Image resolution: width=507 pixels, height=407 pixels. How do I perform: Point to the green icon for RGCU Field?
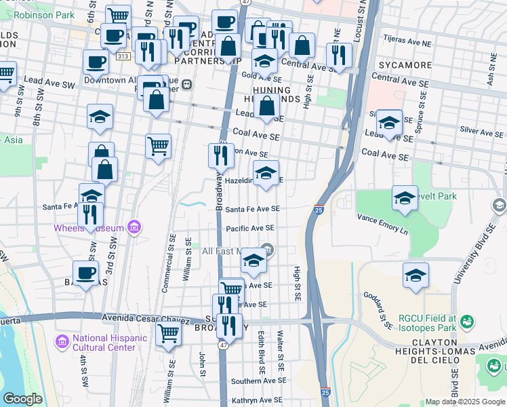tap(466, 321)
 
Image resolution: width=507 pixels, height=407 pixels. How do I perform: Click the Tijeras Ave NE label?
tap(407, 42)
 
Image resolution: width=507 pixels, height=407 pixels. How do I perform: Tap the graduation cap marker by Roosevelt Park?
tap(405, 198)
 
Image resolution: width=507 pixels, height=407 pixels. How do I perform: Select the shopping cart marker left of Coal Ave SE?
tap(158, 146)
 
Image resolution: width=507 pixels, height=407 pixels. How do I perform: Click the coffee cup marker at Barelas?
tap(86, 273)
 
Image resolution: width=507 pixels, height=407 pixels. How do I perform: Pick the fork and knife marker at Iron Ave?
tap(220, 155)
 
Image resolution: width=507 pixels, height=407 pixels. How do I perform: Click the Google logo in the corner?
tap(23, 399)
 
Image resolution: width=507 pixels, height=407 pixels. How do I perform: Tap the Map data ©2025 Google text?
tap(464, 402)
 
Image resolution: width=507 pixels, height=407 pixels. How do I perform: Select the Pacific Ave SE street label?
tap(250, 229)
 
